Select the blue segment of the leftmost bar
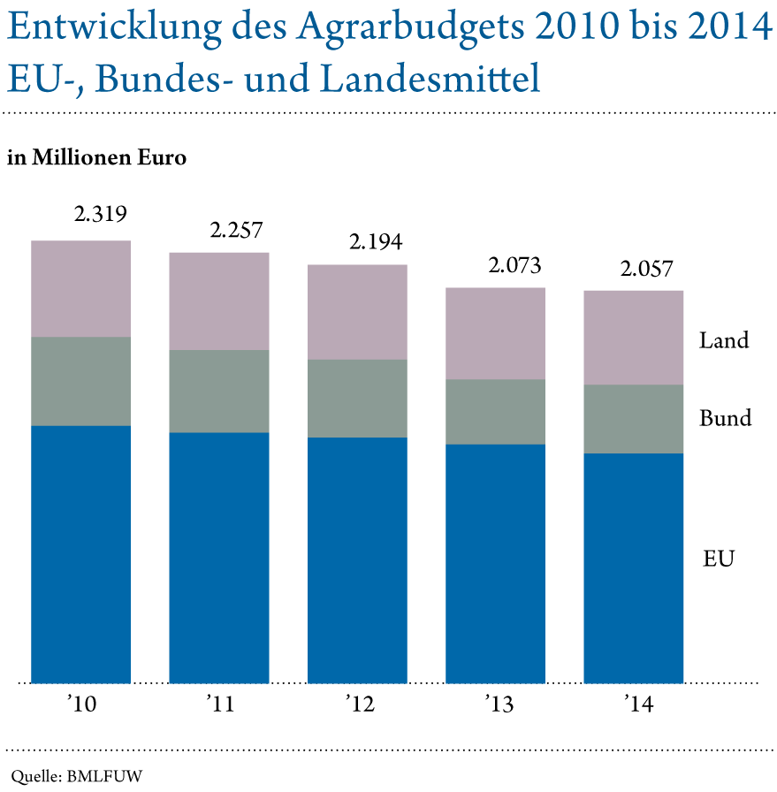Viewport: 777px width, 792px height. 80,554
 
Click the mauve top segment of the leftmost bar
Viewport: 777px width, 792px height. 80,288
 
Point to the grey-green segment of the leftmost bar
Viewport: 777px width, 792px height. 80,381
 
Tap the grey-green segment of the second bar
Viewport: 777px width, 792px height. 219,391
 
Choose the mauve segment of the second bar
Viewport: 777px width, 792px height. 219,301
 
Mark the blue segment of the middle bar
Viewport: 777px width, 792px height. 357,560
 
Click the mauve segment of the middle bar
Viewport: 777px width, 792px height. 357,311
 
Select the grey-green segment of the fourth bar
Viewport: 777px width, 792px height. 495,411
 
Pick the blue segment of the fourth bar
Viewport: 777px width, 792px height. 495,563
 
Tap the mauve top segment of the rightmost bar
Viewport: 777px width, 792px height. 634,337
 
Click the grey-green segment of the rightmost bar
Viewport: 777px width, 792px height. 634,419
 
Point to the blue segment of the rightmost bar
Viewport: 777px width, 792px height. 634,568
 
